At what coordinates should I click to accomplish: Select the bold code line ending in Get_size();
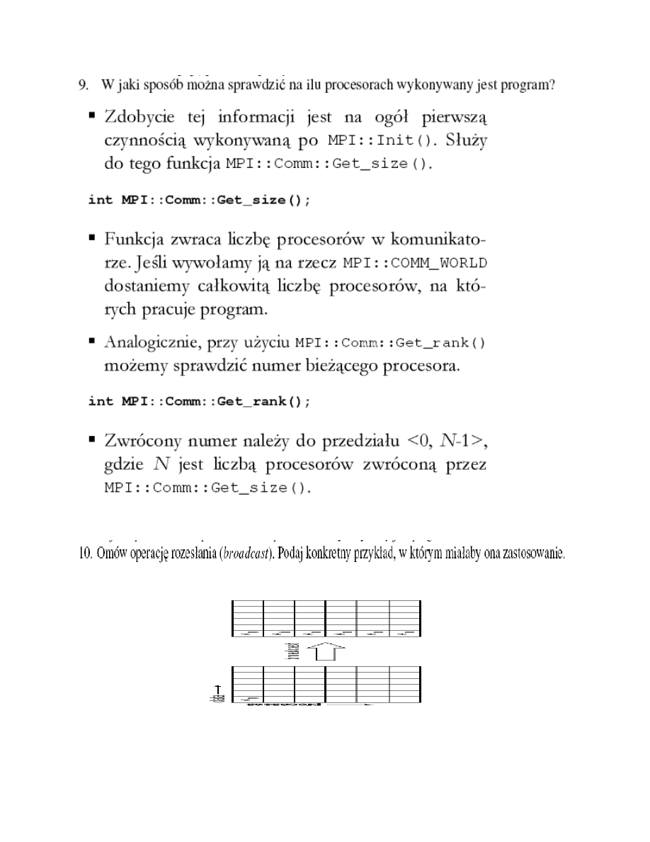[x=199, y=200]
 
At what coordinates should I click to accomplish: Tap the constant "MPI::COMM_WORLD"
[x=415, y=264]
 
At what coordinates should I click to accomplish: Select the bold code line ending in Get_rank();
[x=199, y=402]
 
